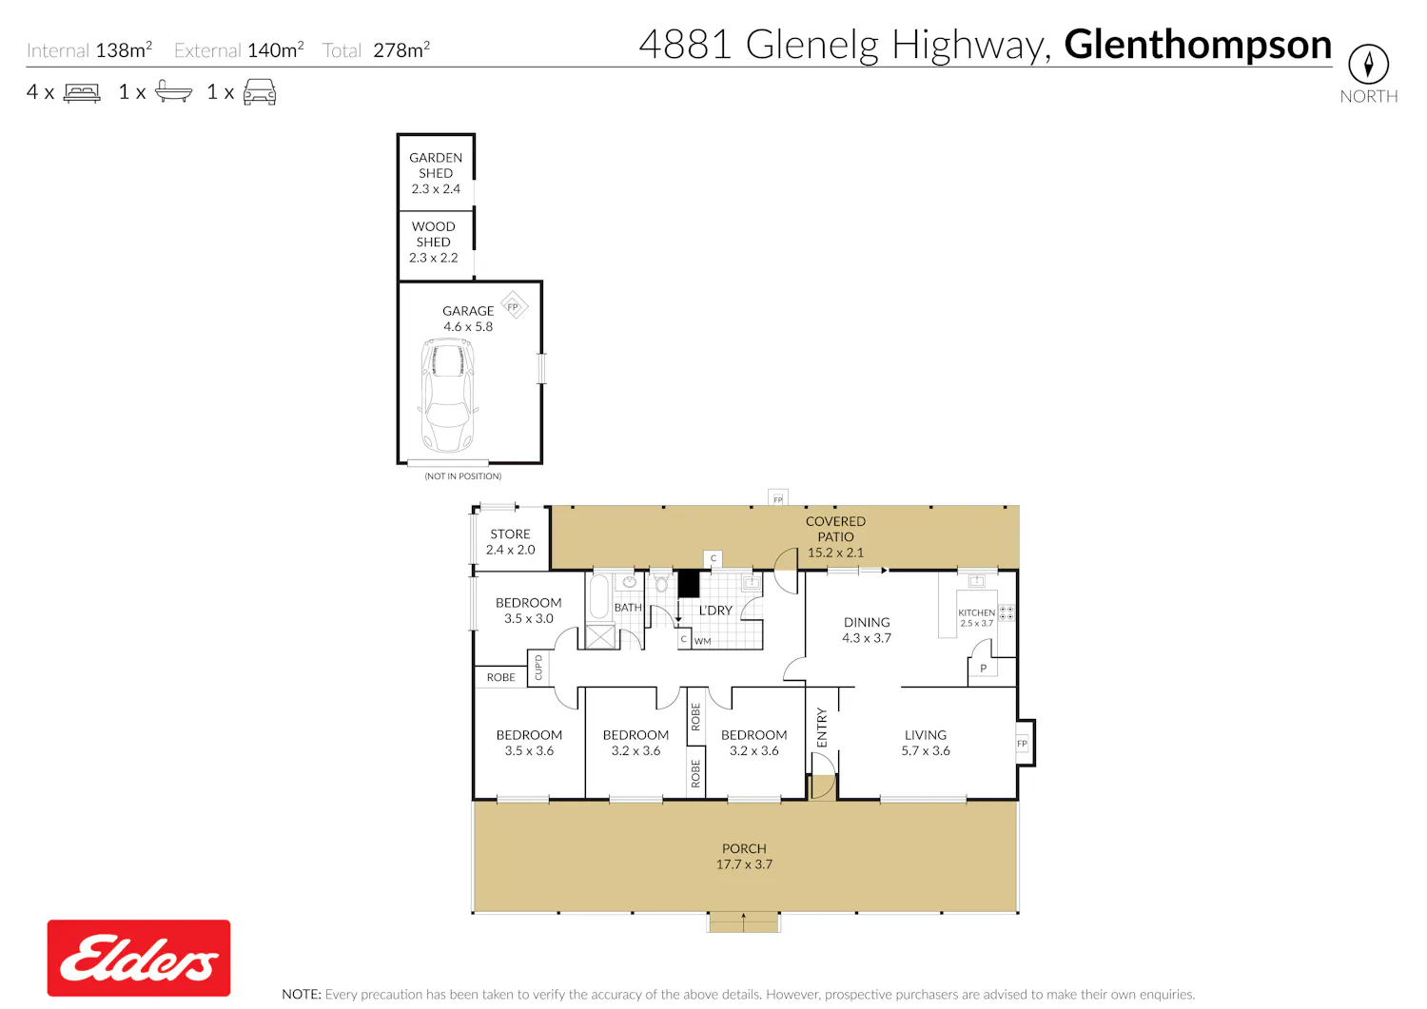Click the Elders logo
point(139,957)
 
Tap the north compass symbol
point(1368,64)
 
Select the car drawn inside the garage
point(448,395)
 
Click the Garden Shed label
point(436,173)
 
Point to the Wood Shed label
point(433,243)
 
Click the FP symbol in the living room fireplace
point(1022,744)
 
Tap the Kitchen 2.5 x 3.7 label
point(977,617)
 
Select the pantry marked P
point(983,669)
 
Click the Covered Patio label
point(835,536)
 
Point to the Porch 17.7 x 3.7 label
point(744,856)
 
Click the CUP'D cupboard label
point(538,668)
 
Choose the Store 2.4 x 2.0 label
point(510,541)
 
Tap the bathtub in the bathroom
point(599,596)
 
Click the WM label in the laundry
point(703,641)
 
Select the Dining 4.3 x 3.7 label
point(867,630)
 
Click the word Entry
point(822,727)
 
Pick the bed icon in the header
point(82,92)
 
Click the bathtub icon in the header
point(173,91)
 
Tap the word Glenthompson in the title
point(1198,46)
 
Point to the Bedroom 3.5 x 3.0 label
point(529,610)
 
